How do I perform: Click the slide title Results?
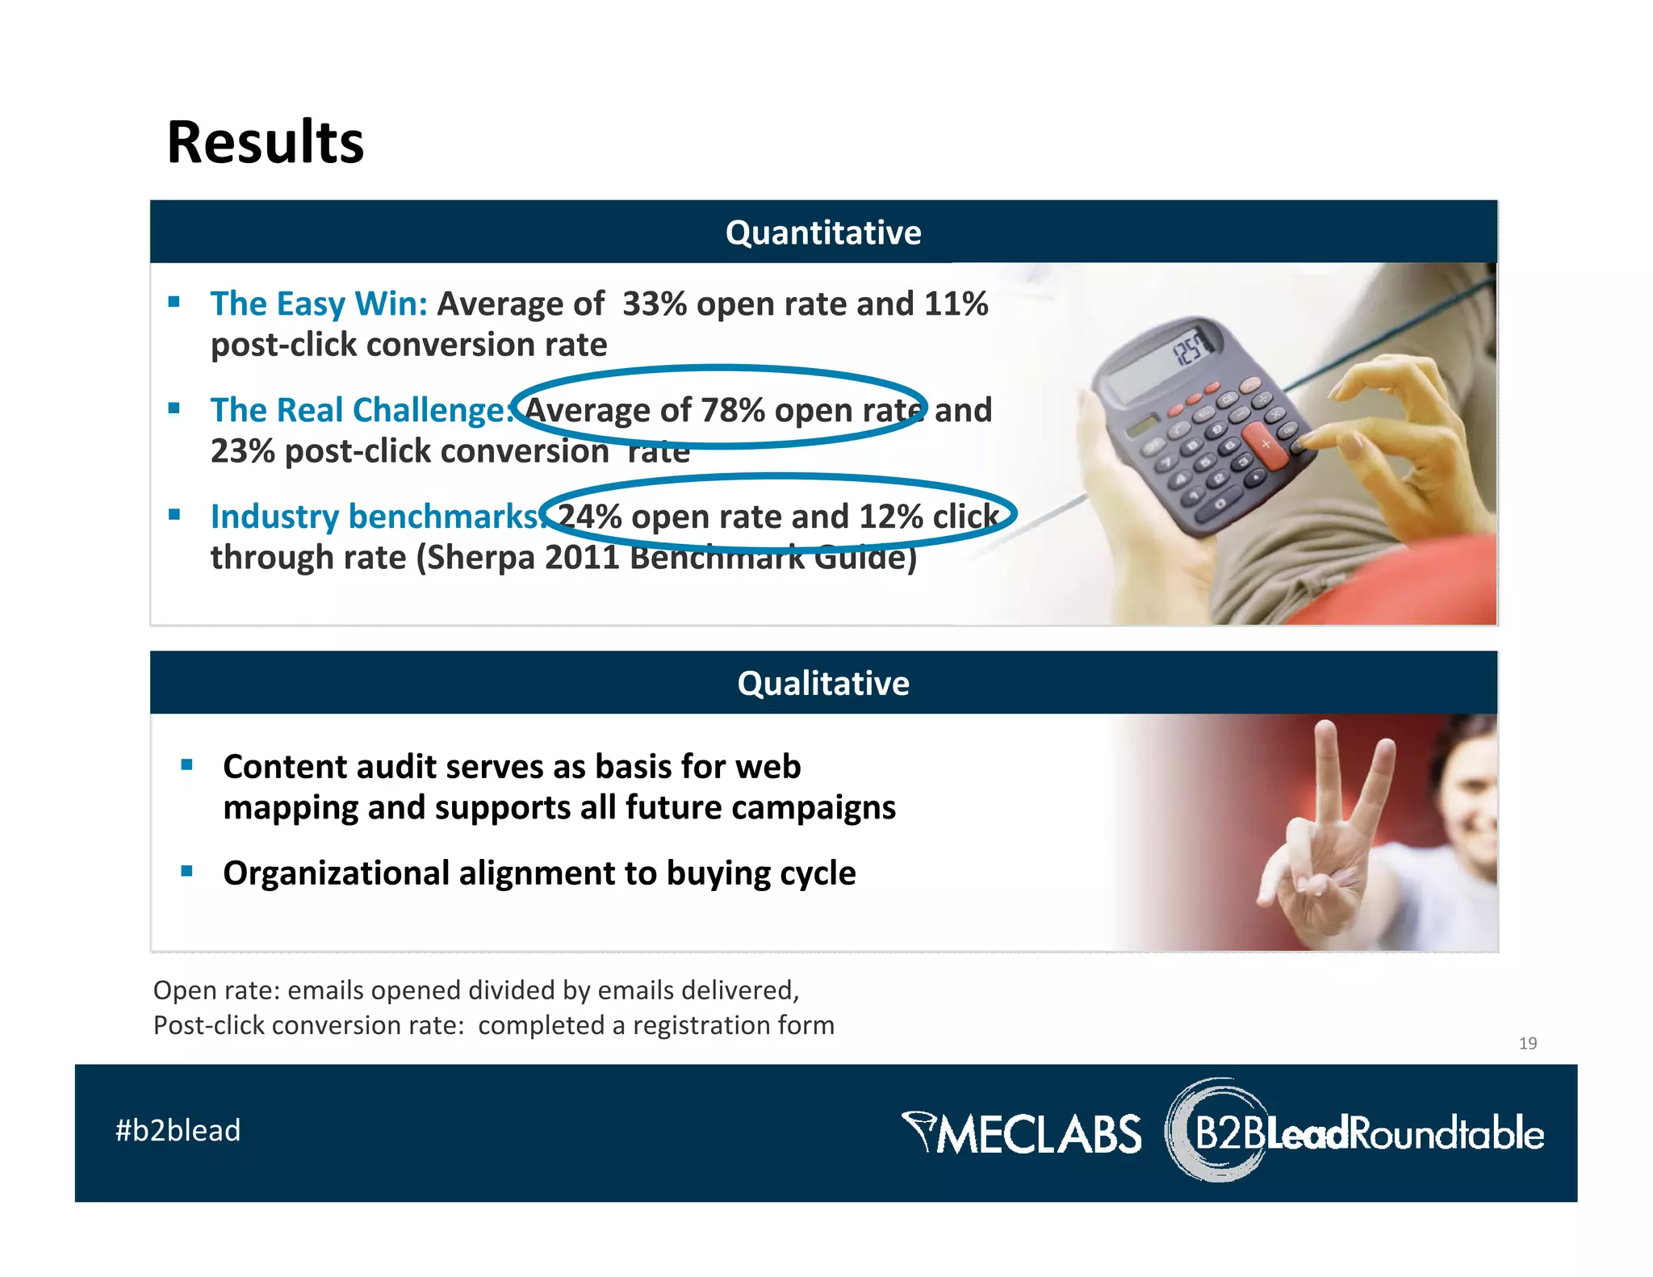coord(265,142)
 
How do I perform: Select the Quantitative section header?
coord(822,232)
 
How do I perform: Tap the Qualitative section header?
coord(822,683)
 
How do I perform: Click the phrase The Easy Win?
coord(318,304)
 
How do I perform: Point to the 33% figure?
coord(654,304)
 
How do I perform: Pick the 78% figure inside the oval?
coord(732,410)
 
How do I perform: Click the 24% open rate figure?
coord(589,517)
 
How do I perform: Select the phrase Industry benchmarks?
coord(375,517)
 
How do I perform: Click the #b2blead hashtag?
coord(178,1130)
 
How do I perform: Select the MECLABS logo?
coord(1022,1133)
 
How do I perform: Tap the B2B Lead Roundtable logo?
coord(1356,1133)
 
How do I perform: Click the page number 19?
coord(1527,1043)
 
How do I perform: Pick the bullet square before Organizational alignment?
coord(186,871)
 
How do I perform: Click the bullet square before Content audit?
coord(186,764)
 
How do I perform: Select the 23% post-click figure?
coord(243,451)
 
